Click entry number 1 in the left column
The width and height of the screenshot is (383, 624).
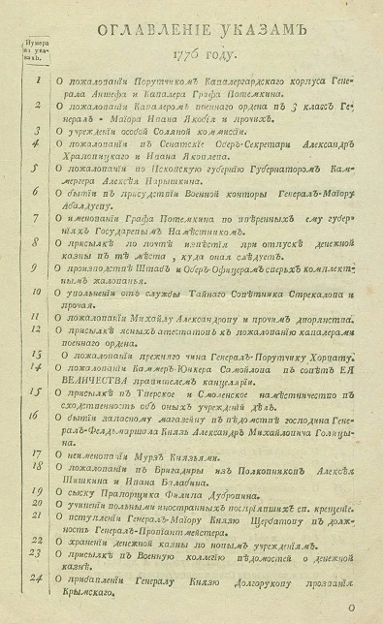click(37, 81)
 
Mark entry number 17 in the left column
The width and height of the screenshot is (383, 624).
click(36, 452)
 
